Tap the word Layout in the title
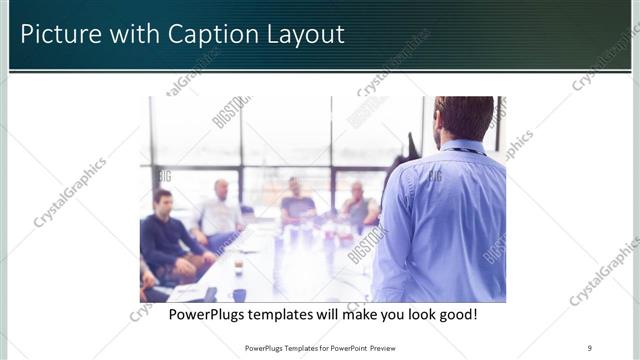304,35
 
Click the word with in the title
135,35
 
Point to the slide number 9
590,348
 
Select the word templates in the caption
294,314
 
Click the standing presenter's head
464,118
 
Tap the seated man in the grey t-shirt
297,205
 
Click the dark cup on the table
239,294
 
